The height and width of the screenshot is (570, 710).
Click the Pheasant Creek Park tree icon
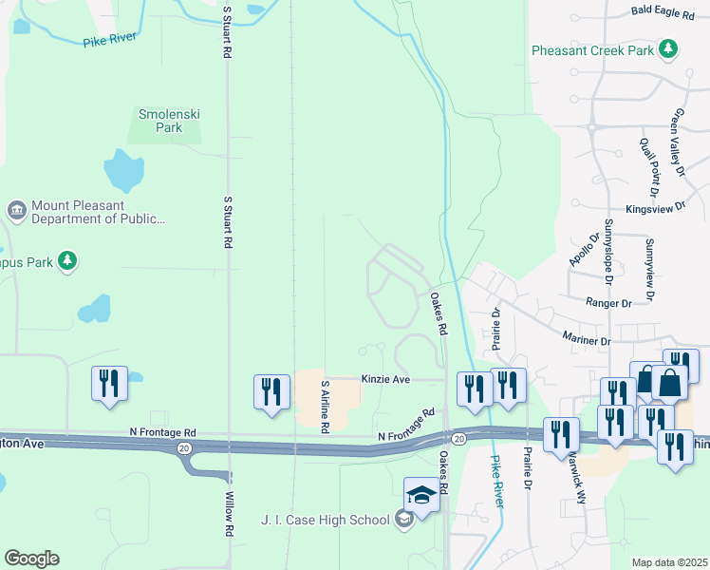click(x=668, y=48)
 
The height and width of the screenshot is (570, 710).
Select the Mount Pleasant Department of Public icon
click(x=16, y=209)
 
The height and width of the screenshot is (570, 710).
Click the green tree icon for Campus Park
click(x=66, y=260)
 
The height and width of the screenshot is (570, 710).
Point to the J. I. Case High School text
click(x=325, y=520)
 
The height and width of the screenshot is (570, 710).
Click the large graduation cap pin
click(x=421, y=494)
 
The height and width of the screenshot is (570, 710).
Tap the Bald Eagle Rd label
click(x=663, y=11)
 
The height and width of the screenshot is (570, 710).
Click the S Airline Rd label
click(x=325, y=407)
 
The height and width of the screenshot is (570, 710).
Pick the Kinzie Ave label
click(x=384, y=378)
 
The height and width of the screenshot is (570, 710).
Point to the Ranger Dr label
click(x=608, y=303)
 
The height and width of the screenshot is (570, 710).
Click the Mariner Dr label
click(x=586, y=340)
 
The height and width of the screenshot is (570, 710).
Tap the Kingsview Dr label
click(x=655, y=209)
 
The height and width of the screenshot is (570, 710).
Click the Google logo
click(x=30, y=559)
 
